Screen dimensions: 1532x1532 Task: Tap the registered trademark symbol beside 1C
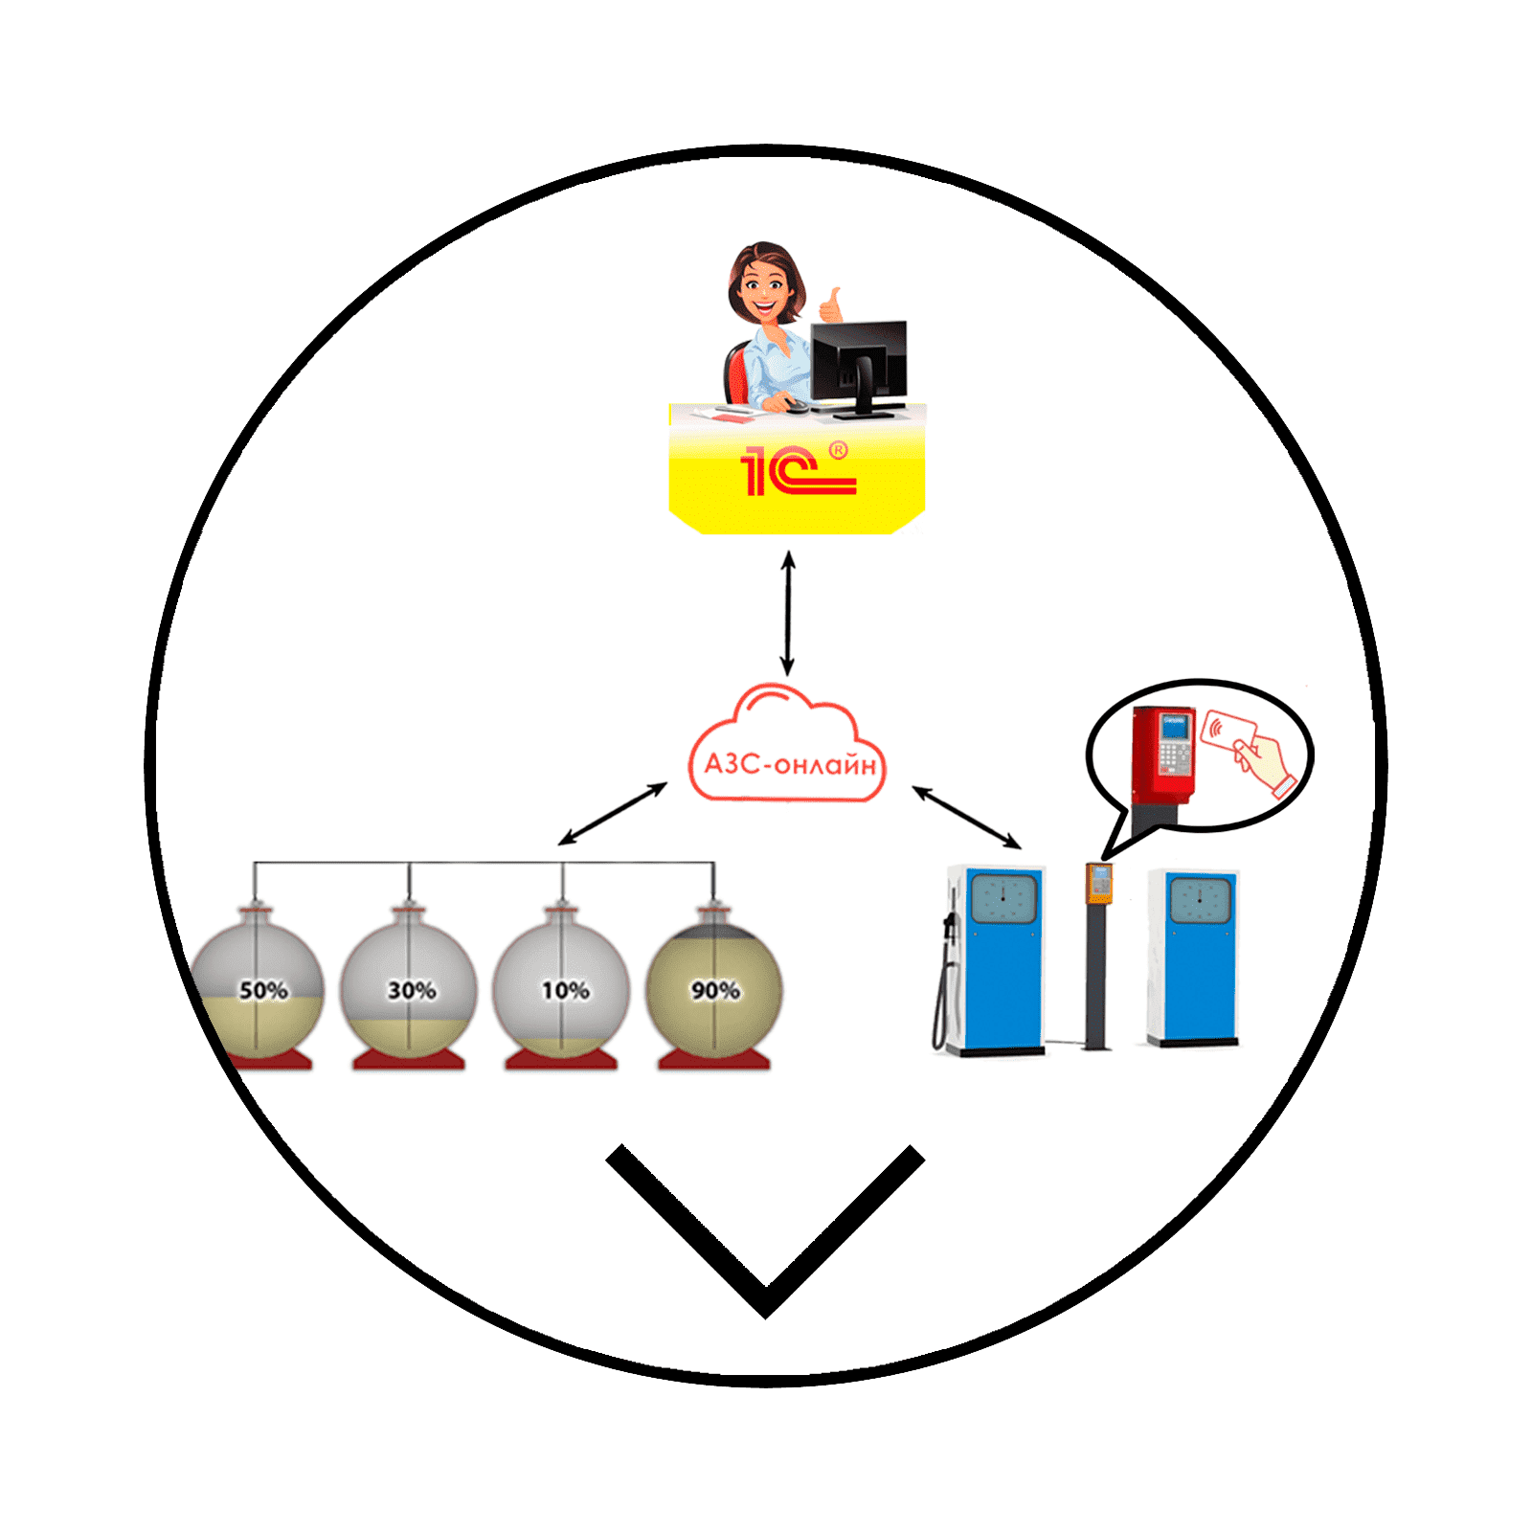[x=838, y=449]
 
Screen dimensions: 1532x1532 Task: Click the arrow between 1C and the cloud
[x=788, y=613]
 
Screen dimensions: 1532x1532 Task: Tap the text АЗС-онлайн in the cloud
[x=790, y=764]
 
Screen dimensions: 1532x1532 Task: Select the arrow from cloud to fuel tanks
[x=613, y=814]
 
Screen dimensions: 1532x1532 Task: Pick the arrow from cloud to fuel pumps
[x=967, y=817]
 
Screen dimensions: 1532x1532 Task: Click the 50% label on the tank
[x=263, y=990]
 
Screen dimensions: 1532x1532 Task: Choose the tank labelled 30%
[x=409, y=986]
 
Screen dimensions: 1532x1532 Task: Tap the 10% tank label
[x=565, y=990]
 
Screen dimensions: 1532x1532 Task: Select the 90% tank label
[x=715, y=990]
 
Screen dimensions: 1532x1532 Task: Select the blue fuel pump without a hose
[x=1194, y=957]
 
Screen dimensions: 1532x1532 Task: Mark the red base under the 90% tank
[x=714, y=1058]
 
